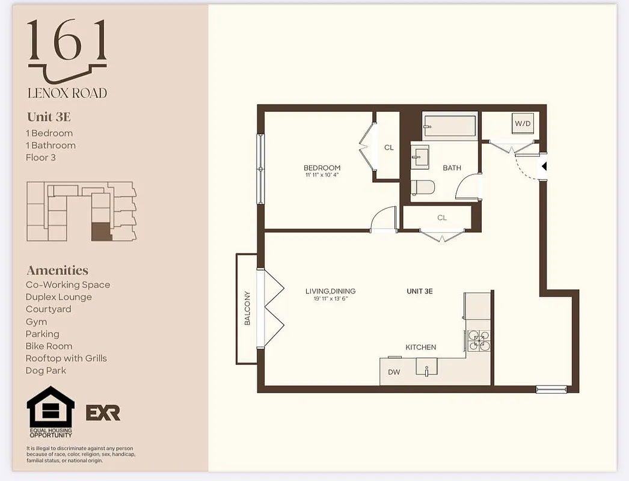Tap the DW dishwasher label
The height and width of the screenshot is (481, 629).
tap(394, 372)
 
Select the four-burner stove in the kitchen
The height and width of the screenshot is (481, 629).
tap(479, 341)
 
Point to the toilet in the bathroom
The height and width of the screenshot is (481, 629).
tap(423, 188)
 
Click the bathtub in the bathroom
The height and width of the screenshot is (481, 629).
tap(450, 126)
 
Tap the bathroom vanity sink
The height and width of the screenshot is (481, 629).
tap(420, 158)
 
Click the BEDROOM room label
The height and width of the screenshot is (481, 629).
tap(322, 168)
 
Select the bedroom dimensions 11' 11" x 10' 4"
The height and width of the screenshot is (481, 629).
tap(322, 176)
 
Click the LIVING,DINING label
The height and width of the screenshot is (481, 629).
tap(327, 291)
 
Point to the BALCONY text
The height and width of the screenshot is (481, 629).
tap(247, 308)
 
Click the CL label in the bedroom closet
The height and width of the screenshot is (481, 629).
tap(389, 147)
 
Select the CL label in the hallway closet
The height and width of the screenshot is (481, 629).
tap(442, 218)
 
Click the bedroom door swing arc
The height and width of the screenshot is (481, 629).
tap(382, 219)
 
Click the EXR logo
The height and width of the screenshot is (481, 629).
tap(103, 412)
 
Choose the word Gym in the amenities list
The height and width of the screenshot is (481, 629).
tap(36, 322)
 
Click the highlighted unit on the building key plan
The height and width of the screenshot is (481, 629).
tap(102, 231)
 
